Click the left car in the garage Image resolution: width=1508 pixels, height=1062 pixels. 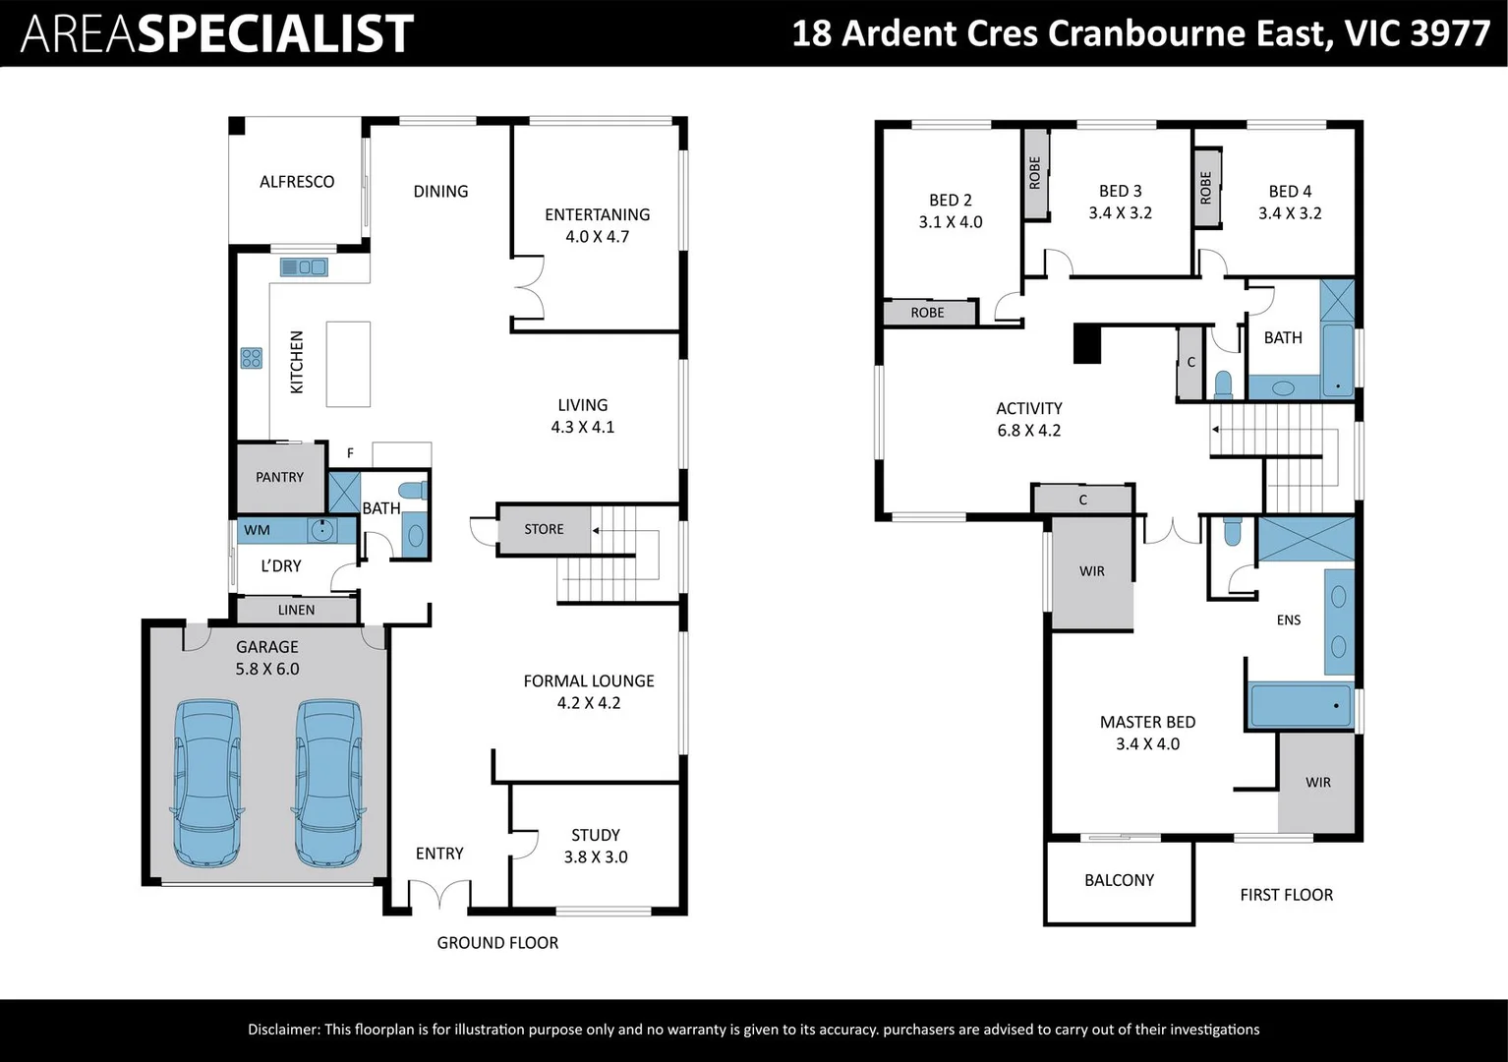click(208, 783)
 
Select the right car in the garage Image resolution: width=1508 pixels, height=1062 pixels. click(328, 783)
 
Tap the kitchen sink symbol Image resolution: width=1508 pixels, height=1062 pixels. click(304, 267)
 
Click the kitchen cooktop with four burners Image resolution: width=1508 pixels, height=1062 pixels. click(251, 358)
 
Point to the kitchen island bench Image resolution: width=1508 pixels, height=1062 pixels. click(348, 365)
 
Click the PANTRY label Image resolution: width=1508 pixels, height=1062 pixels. click(279, 477)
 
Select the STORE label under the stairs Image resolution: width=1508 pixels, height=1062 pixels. click(544, 529)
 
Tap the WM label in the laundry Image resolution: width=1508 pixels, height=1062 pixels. click(257, 530)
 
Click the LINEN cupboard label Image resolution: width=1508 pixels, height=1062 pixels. click(296, 610)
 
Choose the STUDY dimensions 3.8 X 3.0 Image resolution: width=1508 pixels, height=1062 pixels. click(596, 856)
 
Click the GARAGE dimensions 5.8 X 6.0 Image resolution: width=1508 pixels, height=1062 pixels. click(267, 669)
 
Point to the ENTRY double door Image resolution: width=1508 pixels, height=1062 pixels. click(439, 894)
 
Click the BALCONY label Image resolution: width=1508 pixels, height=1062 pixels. click(1119, 880)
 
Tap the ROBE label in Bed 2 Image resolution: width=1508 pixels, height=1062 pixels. click(927, 313)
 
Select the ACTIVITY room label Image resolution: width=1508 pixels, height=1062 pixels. click(1028, 408)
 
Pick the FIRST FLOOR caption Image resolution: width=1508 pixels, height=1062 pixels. click(1287, 894)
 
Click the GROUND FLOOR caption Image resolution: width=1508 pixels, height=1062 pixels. click(497, 943)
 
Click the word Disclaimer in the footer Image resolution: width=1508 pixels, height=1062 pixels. click(284, 1029)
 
